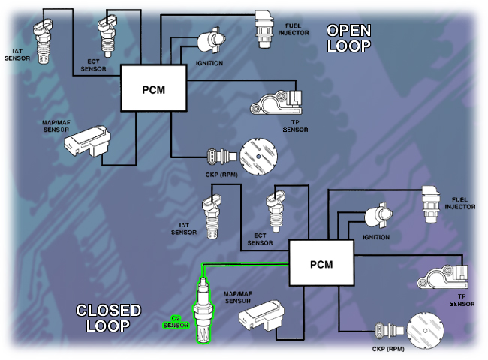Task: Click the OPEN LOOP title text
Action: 348,38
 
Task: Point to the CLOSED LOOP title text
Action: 109,317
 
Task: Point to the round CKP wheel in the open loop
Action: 259,156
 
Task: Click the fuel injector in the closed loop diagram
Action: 432,202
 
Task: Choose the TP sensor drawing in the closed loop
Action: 444,277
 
